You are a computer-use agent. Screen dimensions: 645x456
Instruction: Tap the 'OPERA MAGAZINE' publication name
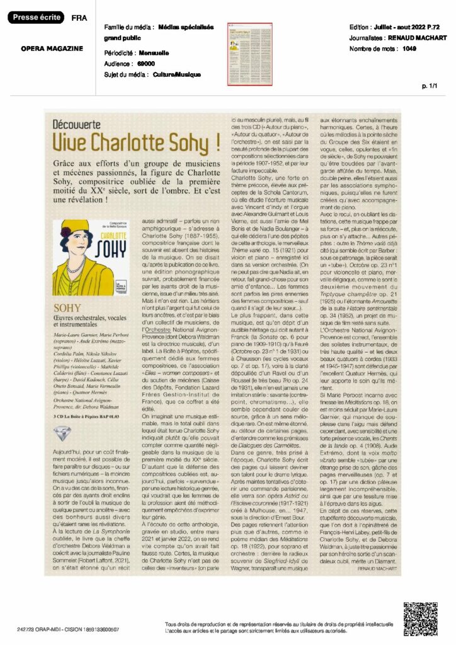(52, 49)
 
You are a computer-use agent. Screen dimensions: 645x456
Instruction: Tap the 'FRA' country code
(80, 18)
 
